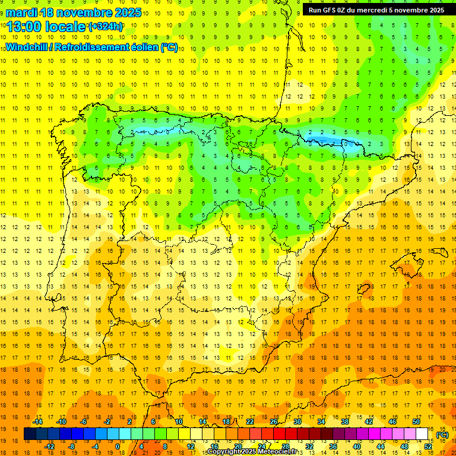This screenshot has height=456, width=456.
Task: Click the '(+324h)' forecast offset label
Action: pos(106,27)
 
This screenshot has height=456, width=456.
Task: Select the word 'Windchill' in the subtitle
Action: pos(28,47)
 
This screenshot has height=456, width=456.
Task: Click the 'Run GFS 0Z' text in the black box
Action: pos(331,9)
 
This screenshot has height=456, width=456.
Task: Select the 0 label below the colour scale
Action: pos(118,446)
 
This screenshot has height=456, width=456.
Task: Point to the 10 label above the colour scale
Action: pos(178,422)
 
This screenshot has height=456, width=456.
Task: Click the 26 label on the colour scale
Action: pos(273,422)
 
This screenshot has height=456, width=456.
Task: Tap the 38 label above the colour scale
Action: pos(344,422)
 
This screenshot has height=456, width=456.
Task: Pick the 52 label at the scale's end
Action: pos(427,446)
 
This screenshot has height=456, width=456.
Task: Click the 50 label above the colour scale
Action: pos(416,422)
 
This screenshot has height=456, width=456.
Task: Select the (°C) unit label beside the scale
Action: pos(442,435)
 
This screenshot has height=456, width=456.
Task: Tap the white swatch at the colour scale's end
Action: pos(422,434)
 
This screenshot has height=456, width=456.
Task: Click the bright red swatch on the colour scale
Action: pos(279,434)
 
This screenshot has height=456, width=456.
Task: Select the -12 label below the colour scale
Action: pos(50,446)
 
